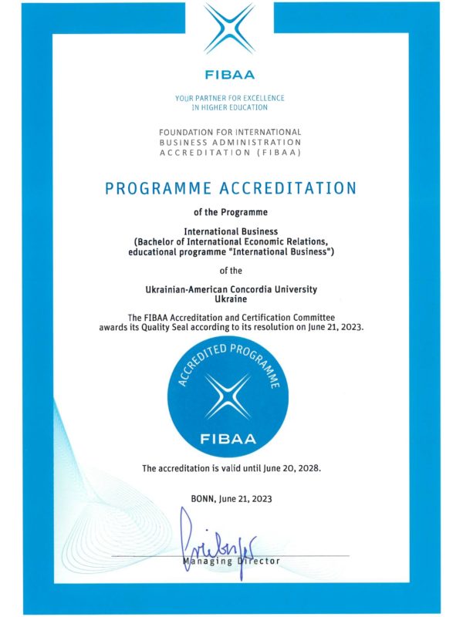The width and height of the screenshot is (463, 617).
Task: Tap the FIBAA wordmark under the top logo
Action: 230,76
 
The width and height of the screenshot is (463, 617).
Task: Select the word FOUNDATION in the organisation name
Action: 191,132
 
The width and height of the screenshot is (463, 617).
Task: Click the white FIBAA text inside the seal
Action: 231,440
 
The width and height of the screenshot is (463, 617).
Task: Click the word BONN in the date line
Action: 202,499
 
